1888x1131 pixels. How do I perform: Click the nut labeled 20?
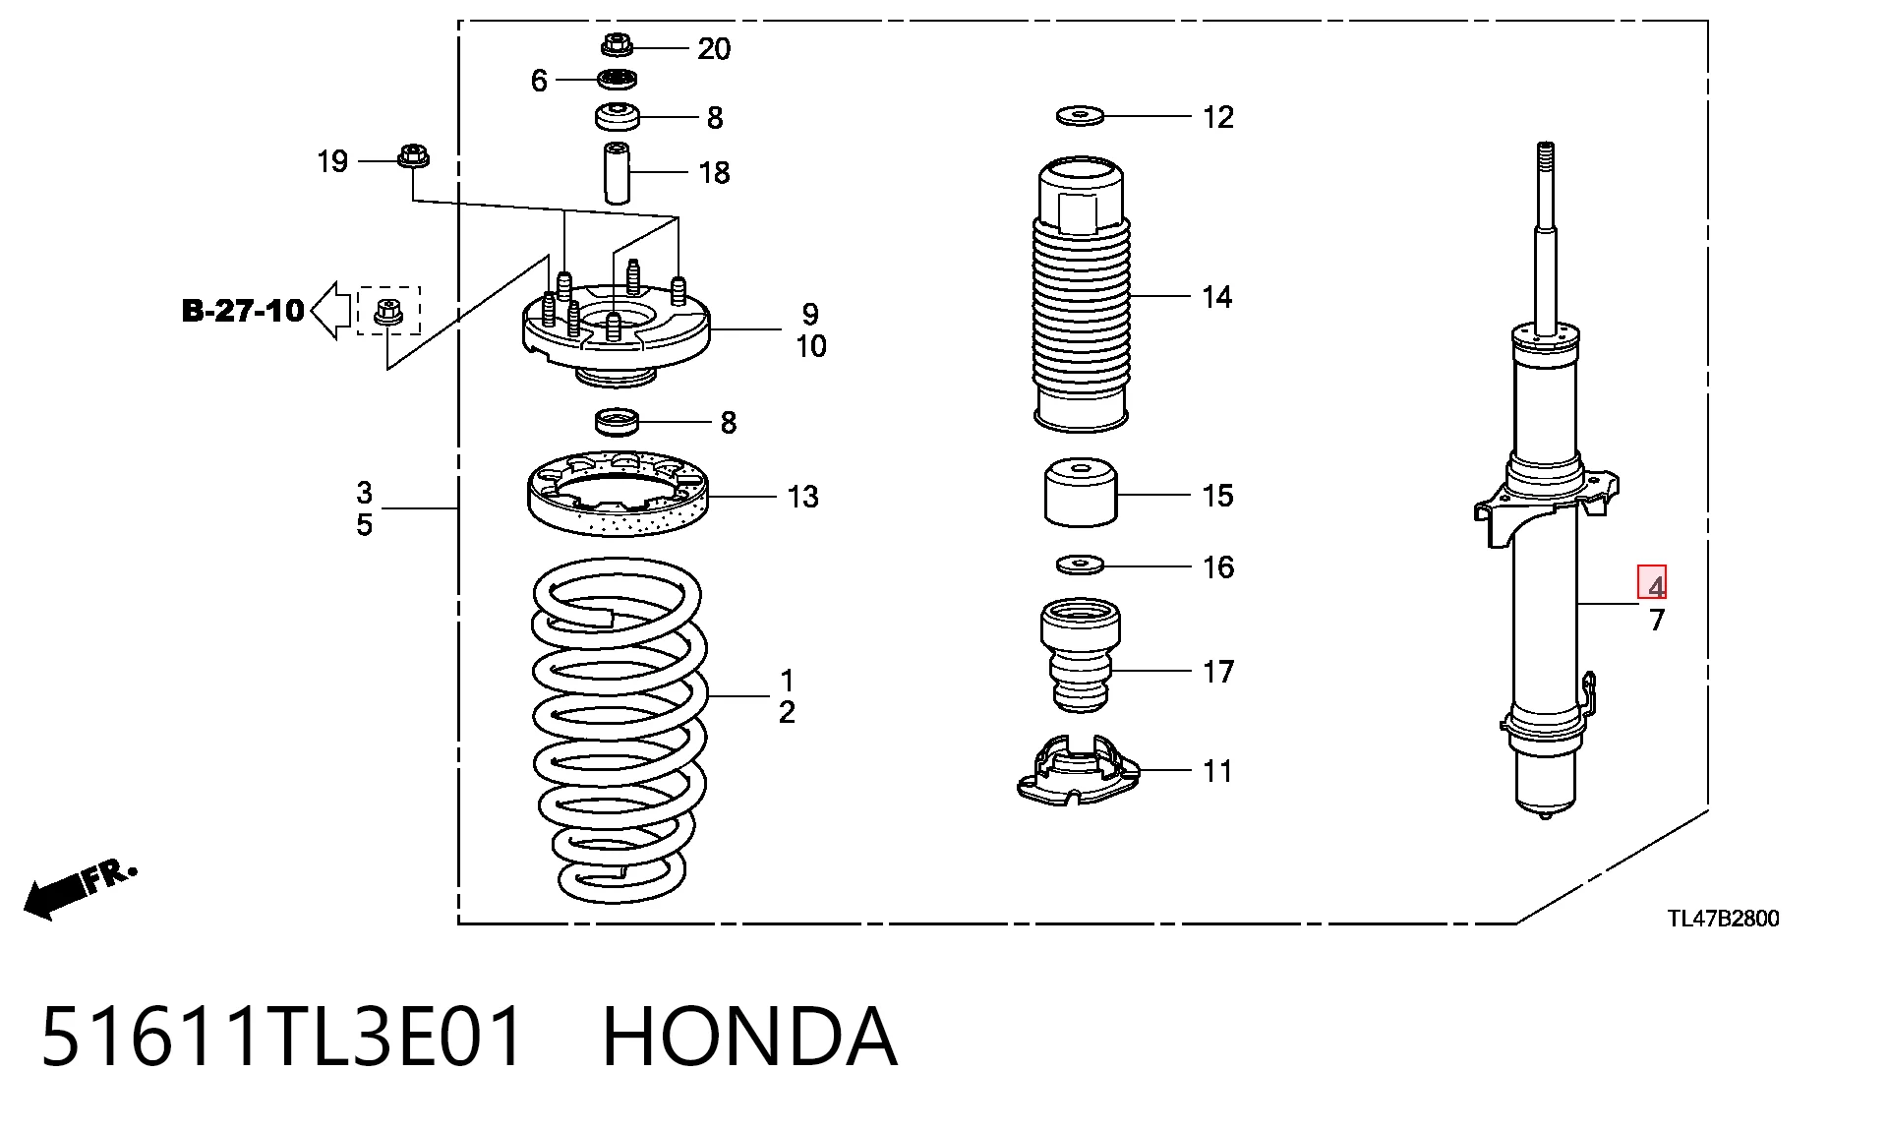[617, 45]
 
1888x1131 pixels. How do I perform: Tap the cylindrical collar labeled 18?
[617, 172]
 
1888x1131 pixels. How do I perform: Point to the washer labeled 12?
[1081, 116]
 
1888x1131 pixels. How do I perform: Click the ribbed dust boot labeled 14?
[1081, 293]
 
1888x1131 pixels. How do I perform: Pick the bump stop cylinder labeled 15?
[1081, 492]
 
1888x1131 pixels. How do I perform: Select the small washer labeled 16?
[1081, 565]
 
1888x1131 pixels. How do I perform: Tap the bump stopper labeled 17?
[1081, 656]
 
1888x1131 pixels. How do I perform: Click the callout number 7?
[1657, 621]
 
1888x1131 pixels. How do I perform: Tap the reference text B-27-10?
[243, 311]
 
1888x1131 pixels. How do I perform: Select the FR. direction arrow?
[79, 888]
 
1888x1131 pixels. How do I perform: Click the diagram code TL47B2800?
[1723, 919]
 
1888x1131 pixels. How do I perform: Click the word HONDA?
[749, 1037]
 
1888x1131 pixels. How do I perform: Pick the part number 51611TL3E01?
[283, 1037]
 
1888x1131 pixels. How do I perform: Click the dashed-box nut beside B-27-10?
[387, 312]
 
